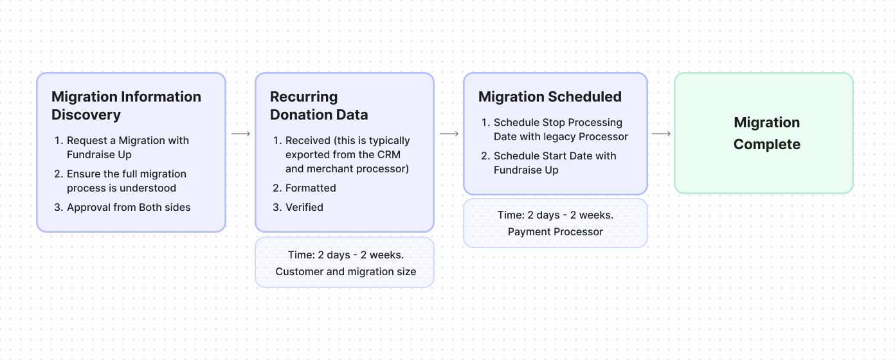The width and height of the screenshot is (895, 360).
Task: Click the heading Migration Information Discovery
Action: pos(126,106)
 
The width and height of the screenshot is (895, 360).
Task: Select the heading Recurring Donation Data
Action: pos(319,106)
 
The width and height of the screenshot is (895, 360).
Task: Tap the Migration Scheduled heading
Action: pos(550,97)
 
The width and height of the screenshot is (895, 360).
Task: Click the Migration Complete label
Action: pos(766,133)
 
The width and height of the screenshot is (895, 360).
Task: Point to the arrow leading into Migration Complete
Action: pos(661,134)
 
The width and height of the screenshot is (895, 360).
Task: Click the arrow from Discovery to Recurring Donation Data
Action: pos(240,134)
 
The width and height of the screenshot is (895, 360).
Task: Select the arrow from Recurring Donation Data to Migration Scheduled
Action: pos(449,134)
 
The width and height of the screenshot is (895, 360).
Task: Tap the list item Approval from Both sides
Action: pos(129,207)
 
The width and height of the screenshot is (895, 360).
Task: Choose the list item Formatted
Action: pos(311,188)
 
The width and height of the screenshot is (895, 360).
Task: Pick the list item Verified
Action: pos(304,207)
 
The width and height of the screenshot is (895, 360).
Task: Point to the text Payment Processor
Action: pos(556,231)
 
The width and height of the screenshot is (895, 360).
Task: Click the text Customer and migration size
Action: pos(346,271)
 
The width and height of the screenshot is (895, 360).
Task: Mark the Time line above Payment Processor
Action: pos(556,215)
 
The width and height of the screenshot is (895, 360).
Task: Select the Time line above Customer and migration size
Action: pos(346,255)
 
